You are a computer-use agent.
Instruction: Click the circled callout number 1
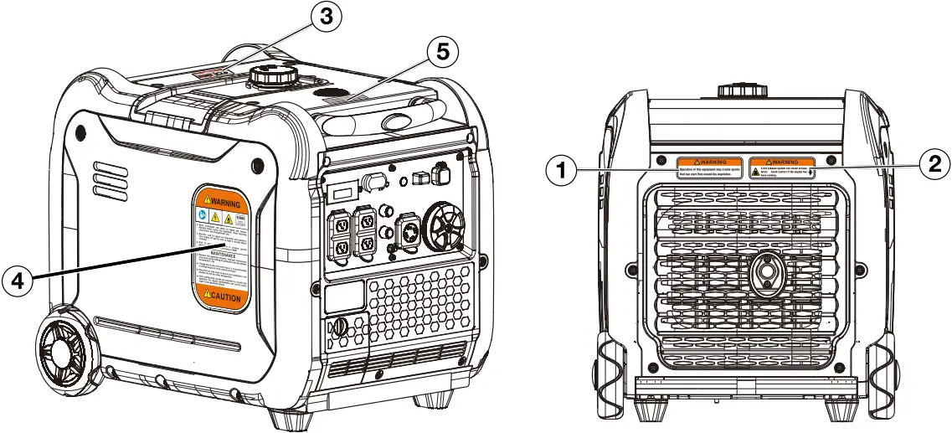(560, 171)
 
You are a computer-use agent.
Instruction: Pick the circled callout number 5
(440, 52)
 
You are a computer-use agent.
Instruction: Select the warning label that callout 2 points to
(782, 168)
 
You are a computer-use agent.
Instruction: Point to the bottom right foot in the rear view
(839, 410)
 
